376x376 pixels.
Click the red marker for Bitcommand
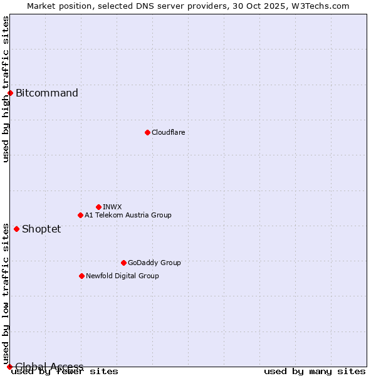10,93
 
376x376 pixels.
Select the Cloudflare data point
147,132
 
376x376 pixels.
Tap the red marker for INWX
98,207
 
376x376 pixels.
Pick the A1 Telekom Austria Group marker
80,215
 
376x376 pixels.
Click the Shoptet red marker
16,229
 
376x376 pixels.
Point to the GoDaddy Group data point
123,263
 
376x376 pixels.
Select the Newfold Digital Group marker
81,276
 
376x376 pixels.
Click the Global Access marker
9,367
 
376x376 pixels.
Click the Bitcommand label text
47,93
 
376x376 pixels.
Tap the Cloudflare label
168,132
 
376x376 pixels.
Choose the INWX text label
112,207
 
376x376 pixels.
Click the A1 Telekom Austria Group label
128,215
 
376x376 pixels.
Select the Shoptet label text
41,229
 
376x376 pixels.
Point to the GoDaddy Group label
154,263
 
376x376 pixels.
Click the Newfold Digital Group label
122,276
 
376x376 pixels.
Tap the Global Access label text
50,367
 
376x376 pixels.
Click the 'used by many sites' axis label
315,372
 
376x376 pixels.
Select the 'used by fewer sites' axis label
65,372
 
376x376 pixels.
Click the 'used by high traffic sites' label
6,89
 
